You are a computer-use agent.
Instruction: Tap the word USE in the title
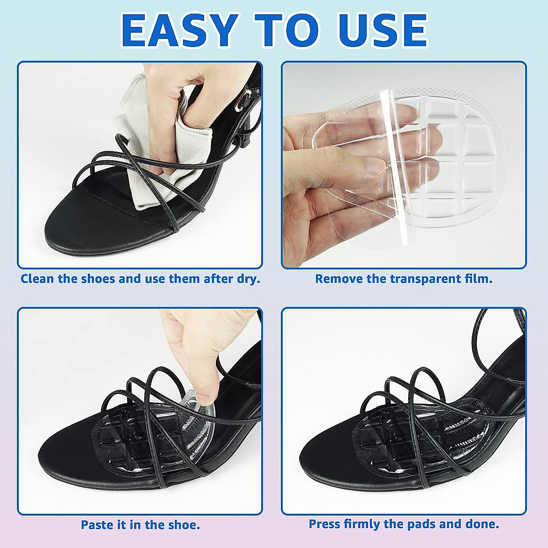[x=382, y=31]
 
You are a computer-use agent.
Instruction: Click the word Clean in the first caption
[x=37, y=279]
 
